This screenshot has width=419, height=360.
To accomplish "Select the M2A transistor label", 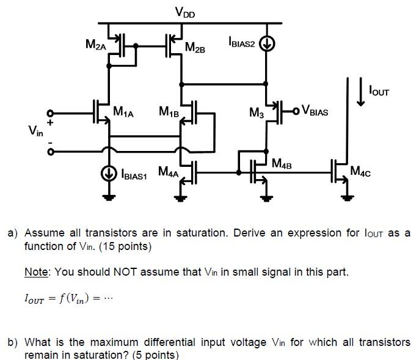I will (96, 45).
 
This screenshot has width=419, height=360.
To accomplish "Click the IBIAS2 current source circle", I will (266, 44).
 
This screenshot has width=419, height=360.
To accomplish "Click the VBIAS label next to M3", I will (315, 112).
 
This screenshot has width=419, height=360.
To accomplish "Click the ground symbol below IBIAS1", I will (109, 197).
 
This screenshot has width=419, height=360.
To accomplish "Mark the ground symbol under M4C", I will (346, 197).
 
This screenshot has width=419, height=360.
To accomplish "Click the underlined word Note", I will (36, 271).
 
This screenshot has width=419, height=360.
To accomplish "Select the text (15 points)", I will (122, 246).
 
